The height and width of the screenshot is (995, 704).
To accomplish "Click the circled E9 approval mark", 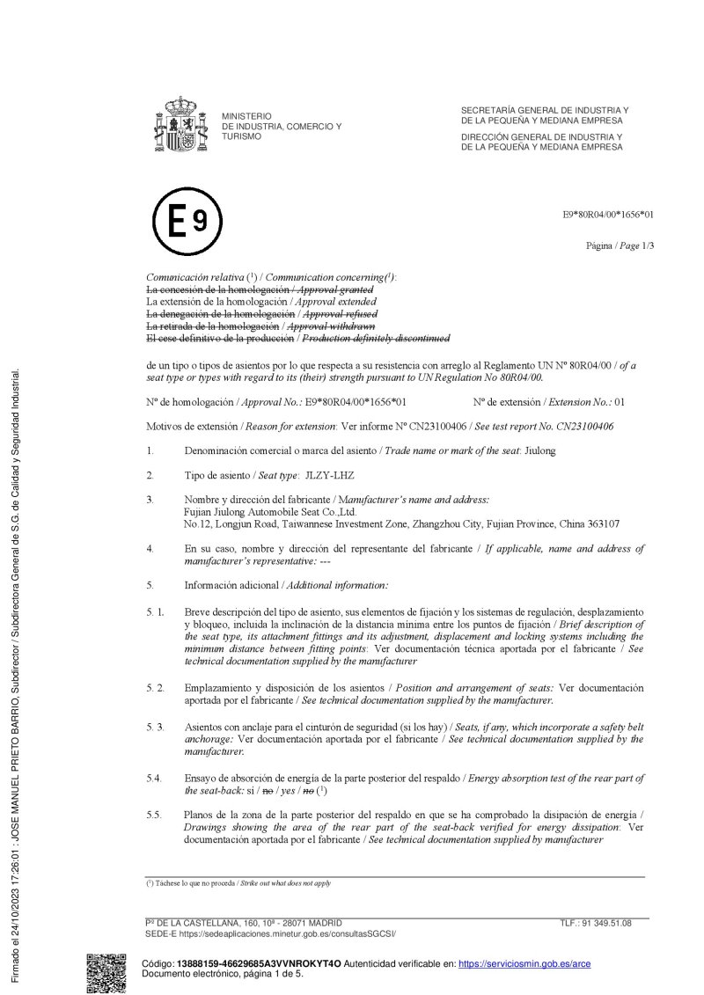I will click(187, 221).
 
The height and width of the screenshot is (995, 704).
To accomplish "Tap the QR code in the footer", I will click(106, 973).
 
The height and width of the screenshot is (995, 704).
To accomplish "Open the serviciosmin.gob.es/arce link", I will click(524, 964).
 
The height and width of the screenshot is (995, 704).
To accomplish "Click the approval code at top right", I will click(609, 214).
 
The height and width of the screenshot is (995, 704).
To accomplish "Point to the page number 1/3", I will click(646, 245).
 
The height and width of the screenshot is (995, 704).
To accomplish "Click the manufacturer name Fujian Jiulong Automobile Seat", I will click(269, 511).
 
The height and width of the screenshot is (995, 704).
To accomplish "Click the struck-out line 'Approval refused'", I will click(340, 314).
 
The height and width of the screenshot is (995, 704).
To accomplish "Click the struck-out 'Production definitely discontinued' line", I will click(377, 338).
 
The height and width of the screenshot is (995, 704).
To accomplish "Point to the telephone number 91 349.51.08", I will click(607, 924).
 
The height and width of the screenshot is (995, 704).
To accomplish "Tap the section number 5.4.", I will click(154, 779).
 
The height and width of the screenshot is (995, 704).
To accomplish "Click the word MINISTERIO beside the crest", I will click(246, 116).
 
